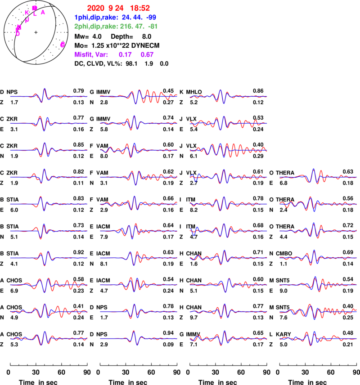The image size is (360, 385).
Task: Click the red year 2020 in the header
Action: (x=95, y=8)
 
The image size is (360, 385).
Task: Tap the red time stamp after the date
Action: (x=140, y=8)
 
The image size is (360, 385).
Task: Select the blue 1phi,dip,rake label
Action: (x=96, y=18)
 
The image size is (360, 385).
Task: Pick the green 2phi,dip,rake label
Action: (x=96, y=27)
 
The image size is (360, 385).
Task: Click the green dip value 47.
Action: (x=139, y=27)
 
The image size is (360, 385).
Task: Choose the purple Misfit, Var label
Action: (x=91, y=54)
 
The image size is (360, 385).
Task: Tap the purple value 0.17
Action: (x=125, y=54)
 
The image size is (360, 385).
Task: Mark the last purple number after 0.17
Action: (x=147, y=54)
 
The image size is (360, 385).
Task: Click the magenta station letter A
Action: (x=43, y=13)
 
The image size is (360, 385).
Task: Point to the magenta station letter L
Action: (x=35, y=14)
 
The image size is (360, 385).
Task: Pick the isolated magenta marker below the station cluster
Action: (x=62, y=45)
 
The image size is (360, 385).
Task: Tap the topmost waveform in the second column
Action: (x=139, y=96)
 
